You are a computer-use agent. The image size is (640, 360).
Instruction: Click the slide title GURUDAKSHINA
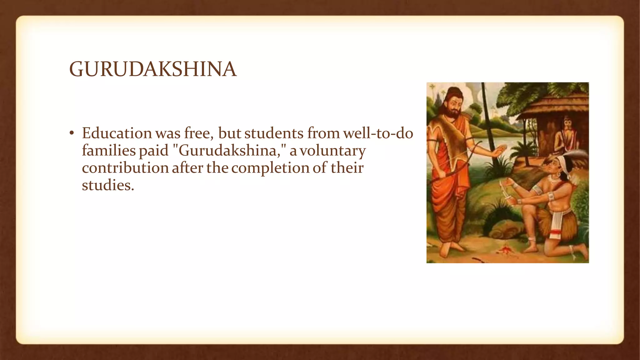click(153, 69)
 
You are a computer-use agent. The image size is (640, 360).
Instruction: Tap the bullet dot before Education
click(72, 134)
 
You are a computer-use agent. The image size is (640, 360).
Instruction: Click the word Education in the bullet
click(117, 133)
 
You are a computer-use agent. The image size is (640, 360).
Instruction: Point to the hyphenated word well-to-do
click(378, 133)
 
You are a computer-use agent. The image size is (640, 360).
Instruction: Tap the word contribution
click(125, 168)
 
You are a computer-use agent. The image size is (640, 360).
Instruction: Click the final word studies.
click(108, 185)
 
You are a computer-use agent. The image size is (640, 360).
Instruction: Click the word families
click(108, 151)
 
